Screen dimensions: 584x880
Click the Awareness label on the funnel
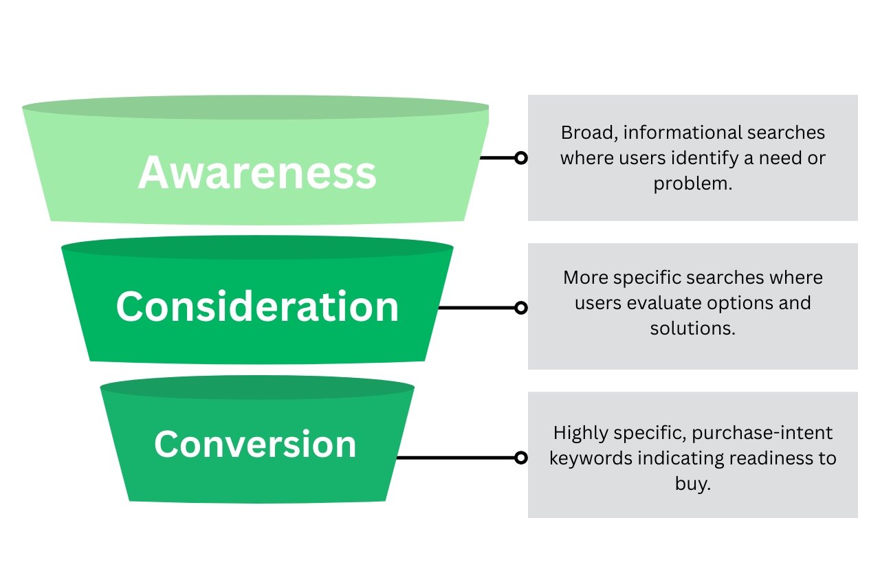(x=257, y=173)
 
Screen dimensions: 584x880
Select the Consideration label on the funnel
(x=257, y=306)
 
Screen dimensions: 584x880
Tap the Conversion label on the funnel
(x=255, y=444)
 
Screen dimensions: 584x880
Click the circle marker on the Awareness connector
(x=521, y=158)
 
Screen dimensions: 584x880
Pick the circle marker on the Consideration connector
(x=521, y=308)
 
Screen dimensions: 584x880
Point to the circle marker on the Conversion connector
(x=521, y=458)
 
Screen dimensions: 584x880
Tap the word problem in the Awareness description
(x=692, y=183)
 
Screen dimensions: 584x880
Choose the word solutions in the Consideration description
(x=692, y=328)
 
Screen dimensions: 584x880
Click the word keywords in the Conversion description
(x=583, y=458)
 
